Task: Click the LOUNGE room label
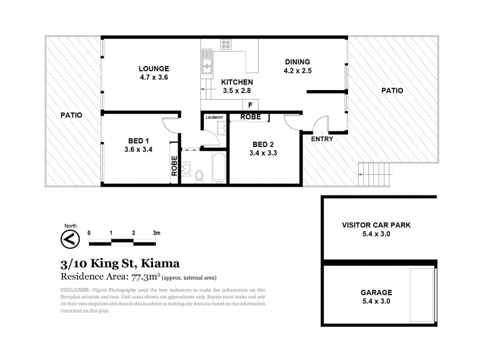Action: tap(154, 68)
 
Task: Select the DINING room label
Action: tap(297, 62)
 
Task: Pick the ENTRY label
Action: tap(322, 139)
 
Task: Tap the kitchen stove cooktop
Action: tap(226, 44)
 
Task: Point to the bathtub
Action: tap(218, 167)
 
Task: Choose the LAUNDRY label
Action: tap(214, 118)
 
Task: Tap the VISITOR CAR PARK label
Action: tap(376, 225)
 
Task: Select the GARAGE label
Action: tap(376, 293)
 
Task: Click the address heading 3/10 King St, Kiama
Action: tap(120, 263)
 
